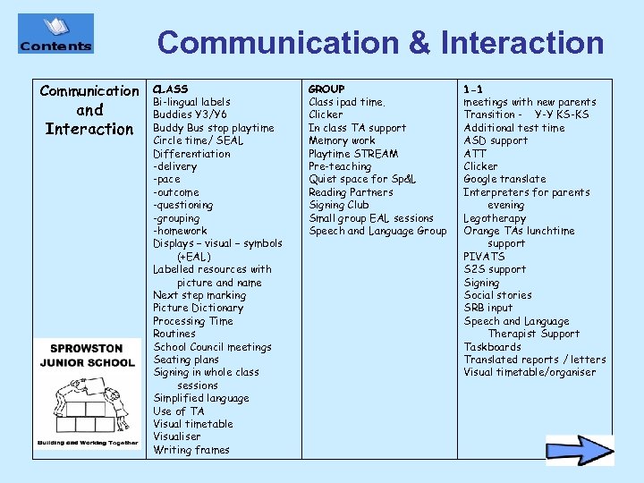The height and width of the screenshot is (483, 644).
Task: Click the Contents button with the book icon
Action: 55,34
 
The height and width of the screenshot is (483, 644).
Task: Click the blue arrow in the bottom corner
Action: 580,450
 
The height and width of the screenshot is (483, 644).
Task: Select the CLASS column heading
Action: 170,89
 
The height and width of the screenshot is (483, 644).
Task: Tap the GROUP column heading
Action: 326,89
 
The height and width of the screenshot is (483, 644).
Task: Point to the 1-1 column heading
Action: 473,89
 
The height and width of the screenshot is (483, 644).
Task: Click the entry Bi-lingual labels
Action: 191,102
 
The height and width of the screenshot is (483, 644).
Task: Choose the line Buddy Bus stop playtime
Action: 213,128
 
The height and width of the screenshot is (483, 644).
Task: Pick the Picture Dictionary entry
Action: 198,308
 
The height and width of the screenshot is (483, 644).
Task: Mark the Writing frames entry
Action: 191,450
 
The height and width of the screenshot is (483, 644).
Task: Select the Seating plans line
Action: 186,360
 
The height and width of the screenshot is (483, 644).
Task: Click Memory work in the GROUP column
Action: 342,140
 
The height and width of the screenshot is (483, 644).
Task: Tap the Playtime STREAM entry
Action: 353,154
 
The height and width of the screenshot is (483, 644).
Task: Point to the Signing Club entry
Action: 338,205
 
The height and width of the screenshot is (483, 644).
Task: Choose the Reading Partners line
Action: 351,192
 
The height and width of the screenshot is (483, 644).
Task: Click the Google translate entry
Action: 504,179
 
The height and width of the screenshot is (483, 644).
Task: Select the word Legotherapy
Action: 495,218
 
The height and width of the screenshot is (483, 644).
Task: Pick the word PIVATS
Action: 484,257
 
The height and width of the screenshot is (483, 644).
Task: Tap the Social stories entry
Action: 497,295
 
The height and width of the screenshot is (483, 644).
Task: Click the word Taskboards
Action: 492,347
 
